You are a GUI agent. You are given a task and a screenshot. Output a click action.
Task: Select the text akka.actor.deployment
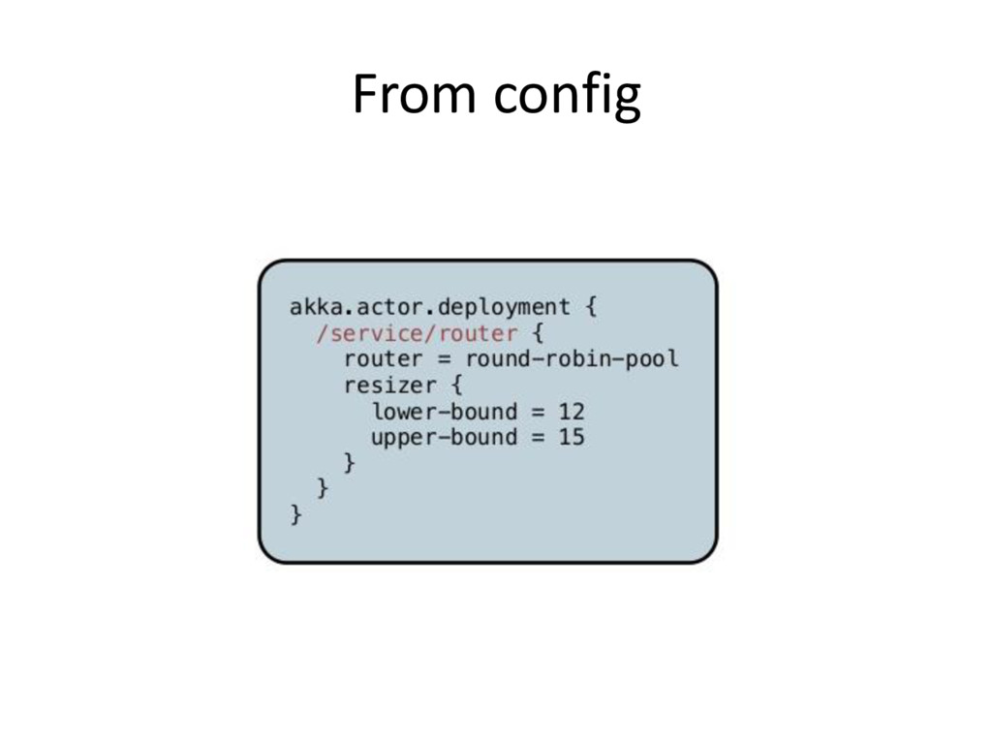tap(429, 308)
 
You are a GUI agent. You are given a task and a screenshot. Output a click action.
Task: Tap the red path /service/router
tap(417, 334)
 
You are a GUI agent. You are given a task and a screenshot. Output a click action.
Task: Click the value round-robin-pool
tap(572, 359)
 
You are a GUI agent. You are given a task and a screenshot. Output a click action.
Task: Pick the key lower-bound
tap(444, 412)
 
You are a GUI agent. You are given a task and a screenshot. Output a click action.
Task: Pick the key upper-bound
tap(444, 438)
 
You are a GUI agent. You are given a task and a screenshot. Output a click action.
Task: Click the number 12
tap(572, 412)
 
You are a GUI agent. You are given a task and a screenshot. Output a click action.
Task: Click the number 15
tap(572, 438)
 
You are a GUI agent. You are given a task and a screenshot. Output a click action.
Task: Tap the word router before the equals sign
tap(383, 359)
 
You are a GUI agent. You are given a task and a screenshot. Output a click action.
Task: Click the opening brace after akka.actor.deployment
tap(591, 308)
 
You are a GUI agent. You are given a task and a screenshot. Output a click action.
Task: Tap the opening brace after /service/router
tap(538, 334)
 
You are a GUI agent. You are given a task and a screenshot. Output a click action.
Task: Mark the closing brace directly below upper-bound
tap(350, 464)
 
